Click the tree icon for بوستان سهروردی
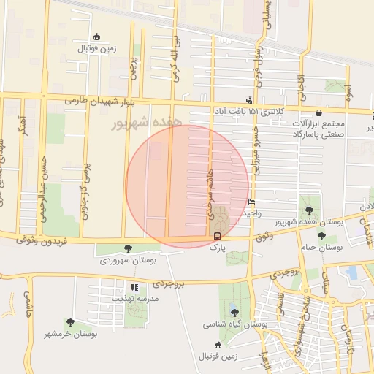pos(129,248)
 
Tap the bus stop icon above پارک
pos(216,236)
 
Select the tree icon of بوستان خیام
pos(322,236)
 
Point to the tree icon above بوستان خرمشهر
pos(70,321)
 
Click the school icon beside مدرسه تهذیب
pos(134,287)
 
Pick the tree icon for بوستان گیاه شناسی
pos(234,312)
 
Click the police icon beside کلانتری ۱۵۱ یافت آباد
pos(250,100)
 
